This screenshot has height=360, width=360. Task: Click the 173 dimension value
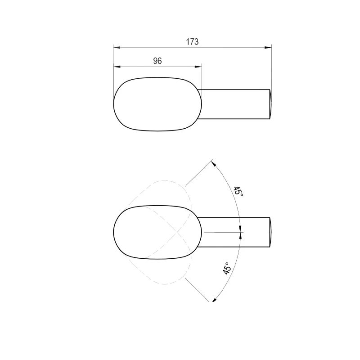tap(192, 42)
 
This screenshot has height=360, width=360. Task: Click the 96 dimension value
tap(157, 61)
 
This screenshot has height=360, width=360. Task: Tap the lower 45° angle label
tap(227, 268)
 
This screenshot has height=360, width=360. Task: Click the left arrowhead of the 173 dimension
tap(117, 48)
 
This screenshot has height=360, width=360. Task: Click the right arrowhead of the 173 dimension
tap(268, 48)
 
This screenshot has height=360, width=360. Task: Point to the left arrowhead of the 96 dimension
tap(117, 67)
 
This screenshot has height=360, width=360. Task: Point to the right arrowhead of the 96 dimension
tap(198, 67)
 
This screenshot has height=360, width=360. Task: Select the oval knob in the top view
tap(157, 104)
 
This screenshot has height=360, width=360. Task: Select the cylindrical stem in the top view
tap(234, 104)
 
